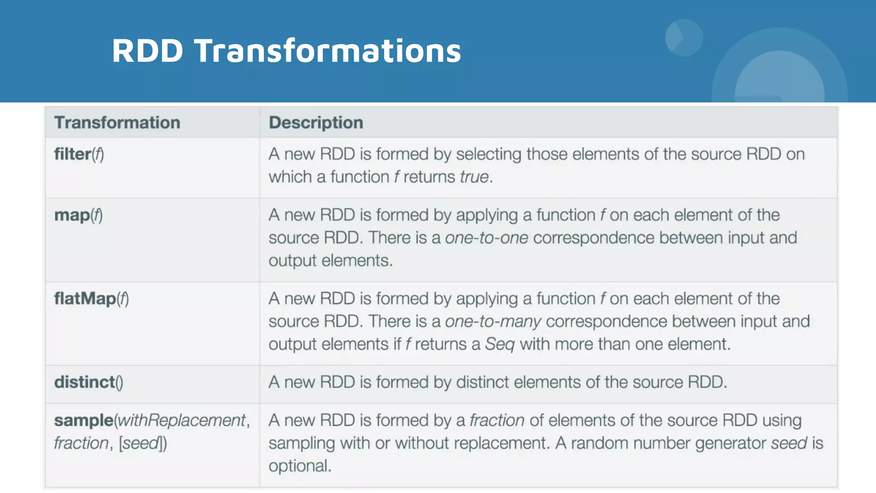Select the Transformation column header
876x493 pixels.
coord(117,123)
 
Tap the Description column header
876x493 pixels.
coord(316,123)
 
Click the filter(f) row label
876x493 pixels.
coord(79,154)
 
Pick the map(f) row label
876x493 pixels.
coord(78,215)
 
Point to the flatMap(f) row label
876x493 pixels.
coord(91,299)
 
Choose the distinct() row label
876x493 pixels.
coord(89,382)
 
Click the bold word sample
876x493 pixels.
coord(83,420)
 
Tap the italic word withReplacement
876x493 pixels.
coord(182,420)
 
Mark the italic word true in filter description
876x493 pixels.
coord(474,177)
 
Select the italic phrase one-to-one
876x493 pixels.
coord(486,238)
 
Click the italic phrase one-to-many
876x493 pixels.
coord(493,321)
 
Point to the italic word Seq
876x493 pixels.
coord(499,344)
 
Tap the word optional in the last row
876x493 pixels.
coord(299,466)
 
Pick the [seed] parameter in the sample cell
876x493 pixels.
coord(142,443)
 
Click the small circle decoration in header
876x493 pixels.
coord(684,38)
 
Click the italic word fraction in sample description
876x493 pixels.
coord(497,420)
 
